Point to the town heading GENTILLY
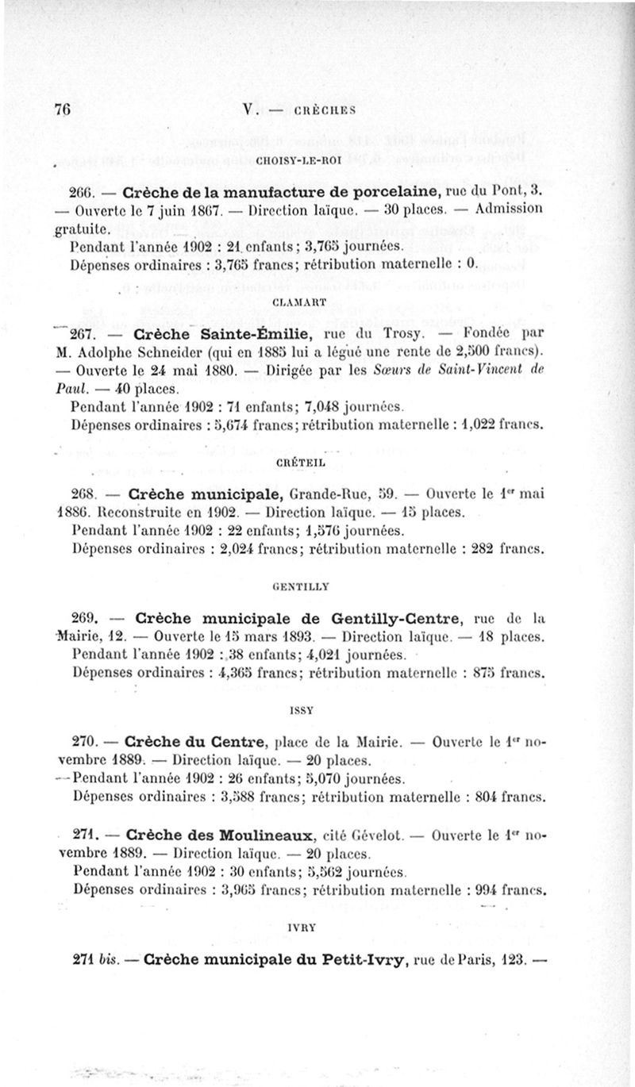[x=301, y=588]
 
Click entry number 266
[x=82, y=193]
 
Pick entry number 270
[x=83, y=743]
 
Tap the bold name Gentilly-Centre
[x=386, y=618]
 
